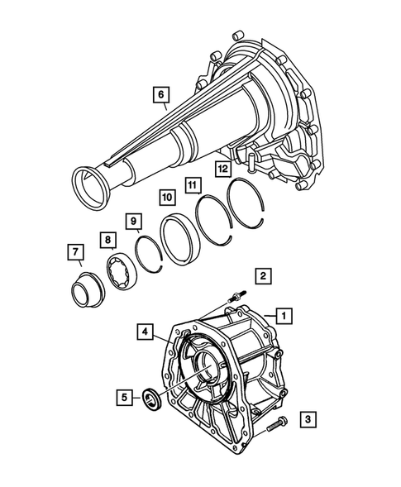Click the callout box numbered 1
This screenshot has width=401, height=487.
[283, 315]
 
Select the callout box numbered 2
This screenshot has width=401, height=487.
[261, 275]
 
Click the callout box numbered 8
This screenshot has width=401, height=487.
[107, 241]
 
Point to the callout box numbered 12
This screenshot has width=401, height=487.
[222, 169]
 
